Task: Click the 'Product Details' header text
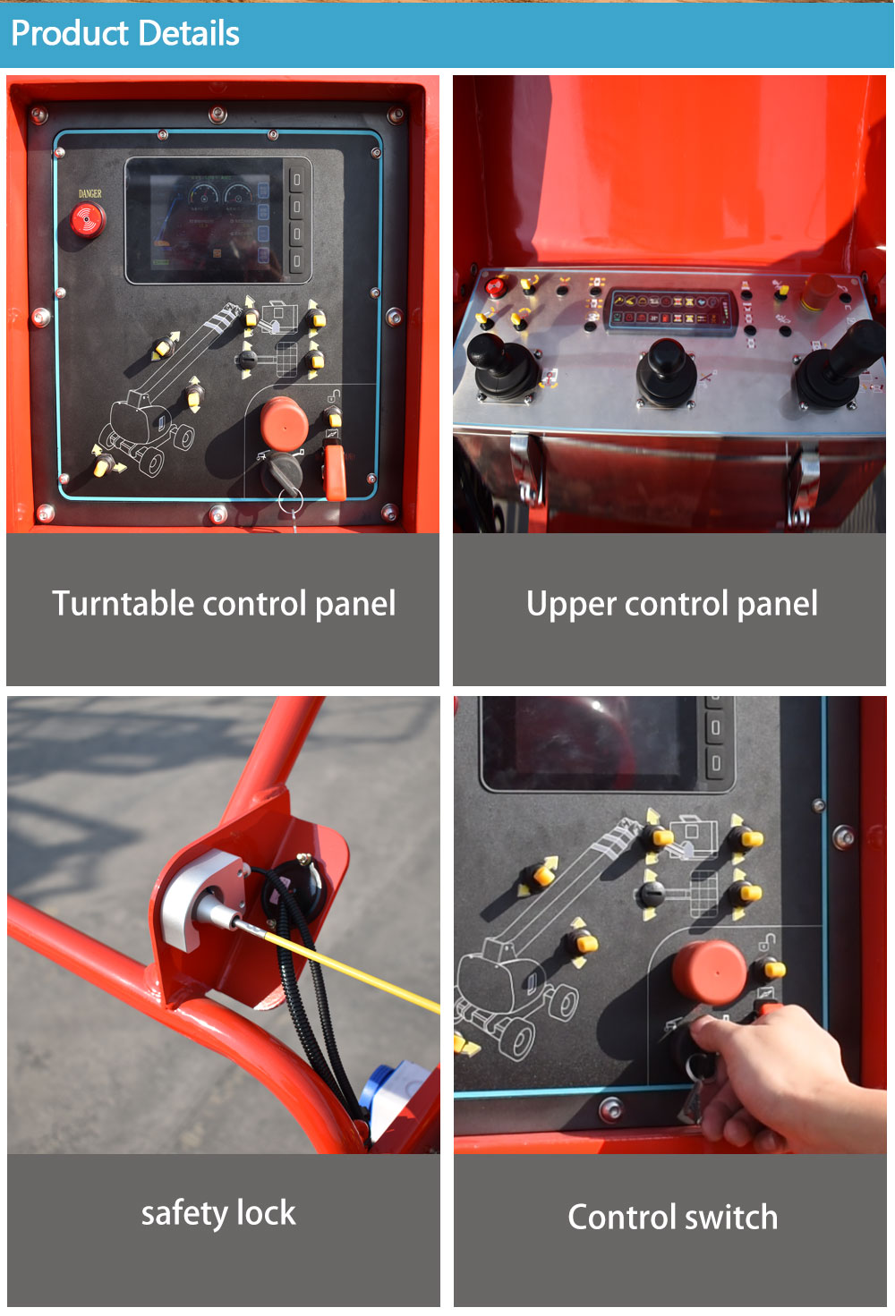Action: (125, 33)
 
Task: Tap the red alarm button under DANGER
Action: (88, 219)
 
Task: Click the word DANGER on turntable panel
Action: (89, 193)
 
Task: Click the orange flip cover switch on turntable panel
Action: (335, 471)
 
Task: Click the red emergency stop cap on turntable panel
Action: (285, 423)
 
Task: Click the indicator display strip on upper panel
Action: (670, 310)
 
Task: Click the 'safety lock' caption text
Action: (218, 1213)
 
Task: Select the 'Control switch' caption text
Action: (673, 1218)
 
